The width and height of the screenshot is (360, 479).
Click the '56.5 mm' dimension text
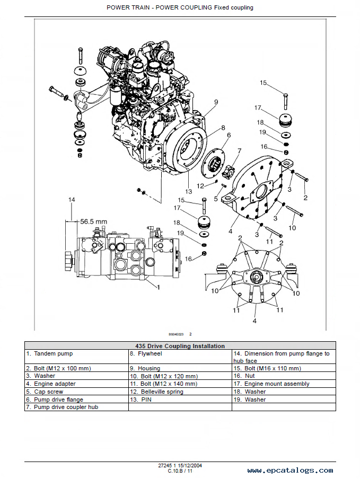94,221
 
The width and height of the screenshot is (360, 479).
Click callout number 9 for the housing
216,102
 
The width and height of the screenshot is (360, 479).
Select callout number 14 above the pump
72,199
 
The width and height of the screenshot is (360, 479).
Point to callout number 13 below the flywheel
189,191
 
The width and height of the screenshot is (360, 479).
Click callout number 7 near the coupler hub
239,150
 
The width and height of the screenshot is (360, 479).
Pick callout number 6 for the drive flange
229,136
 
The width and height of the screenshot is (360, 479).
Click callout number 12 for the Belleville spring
200,186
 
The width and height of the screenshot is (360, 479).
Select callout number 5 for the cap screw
216,199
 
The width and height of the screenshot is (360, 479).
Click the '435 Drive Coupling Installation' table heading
180,346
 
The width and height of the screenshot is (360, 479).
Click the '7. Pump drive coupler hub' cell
62,407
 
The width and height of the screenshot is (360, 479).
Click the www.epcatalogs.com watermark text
290,470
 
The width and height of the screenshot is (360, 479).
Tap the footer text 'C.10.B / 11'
180,470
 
